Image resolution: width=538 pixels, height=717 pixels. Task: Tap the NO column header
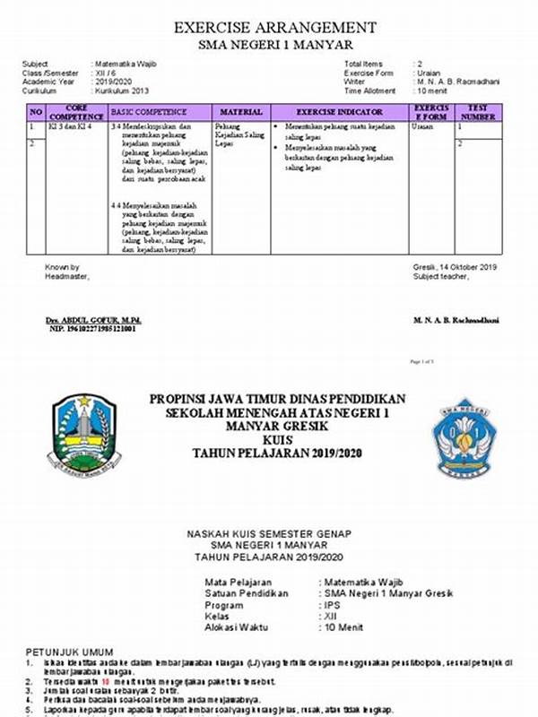click(x=36, y=112)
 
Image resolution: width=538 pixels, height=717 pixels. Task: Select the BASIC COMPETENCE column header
click(x=149, y=112)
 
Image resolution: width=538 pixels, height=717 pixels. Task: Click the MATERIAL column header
click(x=241, y=112)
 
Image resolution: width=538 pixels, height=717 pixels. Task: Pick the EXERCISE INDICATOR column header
click(x=340, y=112)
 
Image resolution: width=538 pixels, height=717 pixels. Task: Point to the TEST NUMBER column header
click(x=478, y=112)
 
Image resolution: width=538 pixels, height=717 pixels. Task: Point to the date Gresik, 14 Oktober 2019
click(x=456, y=267)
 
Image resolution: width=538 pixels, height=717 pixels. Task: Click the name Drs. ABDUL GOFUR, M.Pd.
click(x=93, y=320)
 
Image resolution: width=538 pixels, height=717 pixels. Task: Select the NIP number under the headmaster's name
click(x=92, y=329)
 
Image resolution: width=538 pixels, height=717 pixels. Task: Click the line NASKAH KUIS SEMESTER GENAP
click(x=269, y=534)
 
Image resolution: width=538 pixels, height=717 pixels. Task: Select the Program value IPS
click(x=329, y=605)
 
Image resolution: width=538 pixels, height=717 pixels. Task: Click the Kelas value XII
click(x=329, y=617)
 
